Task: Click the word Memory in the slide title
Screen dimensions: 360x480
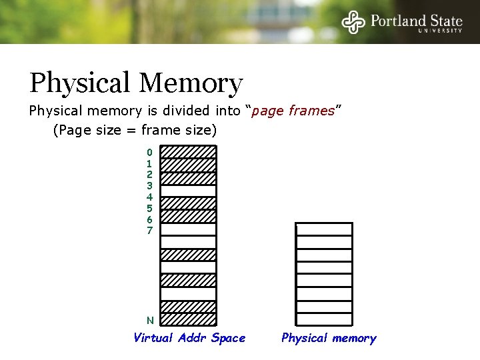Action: (191, 84)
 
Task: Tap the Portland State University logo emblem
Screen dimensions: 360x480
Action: (353, 21)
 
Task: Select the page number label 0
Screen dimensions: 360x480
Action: (149, 153)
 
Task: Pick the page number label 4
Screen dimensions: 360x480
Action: (149, 197)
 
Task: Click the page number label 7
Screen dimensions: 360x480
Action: (149, 231)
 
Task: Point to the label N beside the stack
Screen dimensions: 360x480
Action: (150, 321)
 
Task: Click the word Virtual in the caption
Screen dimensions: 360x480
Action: (153, 338)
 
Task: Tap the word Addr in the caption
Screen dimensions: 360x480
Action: (193, 338)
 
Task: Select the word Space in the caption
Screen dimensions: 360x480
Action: (228, 338)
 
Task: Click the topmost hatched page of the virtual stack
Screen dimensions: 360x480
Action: (189, 152)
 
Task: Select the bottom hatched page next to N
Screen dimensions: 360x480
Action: (189, 319)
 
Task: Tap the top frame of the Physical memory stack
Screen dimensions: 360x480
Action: (324, 229)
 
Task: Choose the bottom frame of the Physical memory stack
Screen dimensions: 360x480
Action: (324, 319)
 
